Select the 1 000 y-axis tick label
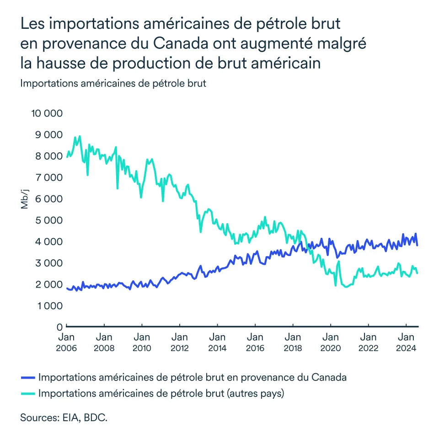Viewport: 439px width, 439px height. tap(48, 305)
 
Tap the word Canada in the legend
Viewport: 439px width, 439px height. tap(329, 378)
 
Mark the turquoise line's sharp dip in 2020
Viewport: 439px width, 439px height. tap(336, 285)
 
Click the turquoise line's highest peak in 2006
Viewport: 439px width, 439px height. tap(80, 136)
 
